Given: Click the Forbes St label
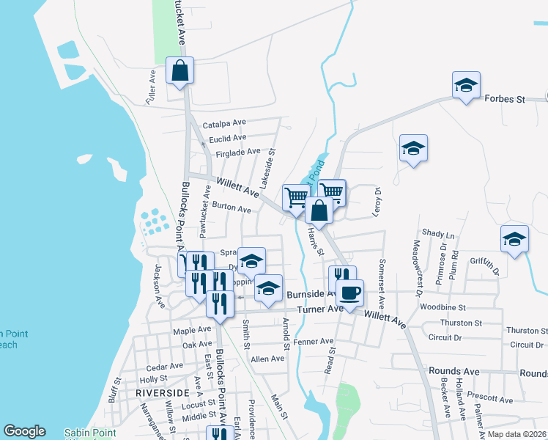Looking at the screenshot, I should [506, 98].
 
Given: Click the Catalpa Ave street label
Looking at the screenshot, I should [224, 123].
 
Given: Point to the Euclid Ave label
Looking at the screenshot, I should [227, 138].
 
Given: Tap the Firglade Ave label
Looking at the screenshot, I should [238, 153].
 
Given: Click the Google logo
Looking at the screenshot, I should [24, 431].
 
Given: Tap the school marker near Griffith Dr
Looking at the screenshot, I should [514, 239].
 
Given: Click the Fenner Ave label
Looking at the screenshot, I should [313, 342].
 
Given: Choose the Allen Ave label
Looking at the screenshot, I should [267, 359].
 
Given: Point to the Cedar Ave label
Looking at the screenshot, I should [165, 366].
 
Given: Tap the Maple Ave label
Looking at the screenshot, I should [192, 331].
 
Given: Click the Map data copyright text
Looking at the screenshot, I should [517, 434].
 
